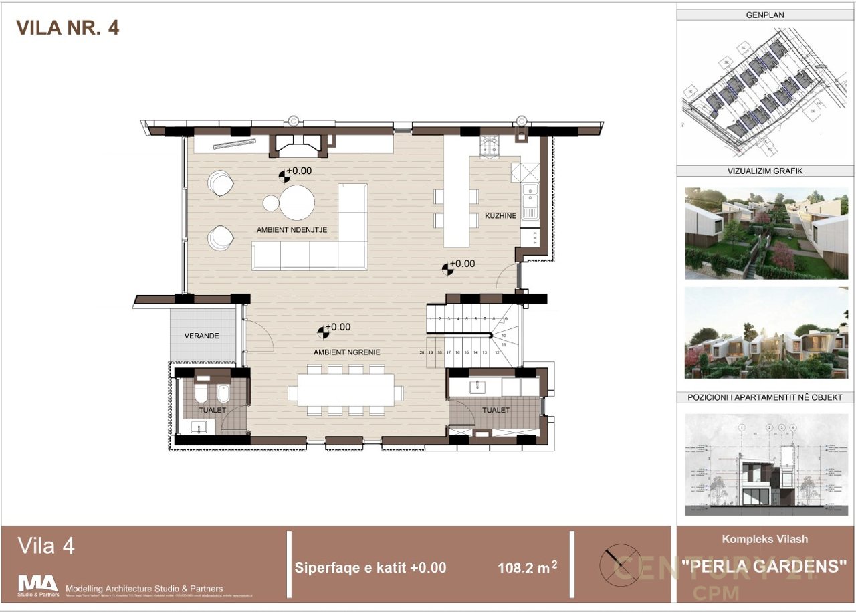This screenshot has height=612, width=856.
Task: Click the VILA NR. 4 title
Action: pyautogui.click(x=68, y=27)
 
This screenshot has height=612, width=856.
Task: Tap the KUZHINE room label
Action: pyautogui.click(x=501, y=216)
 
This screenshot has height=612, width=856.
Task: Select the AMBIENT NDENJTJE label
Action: pyautogui.click(x=296, y=230)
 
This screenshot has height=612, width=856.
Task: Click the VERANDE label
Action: pyautogui.click(x=202, y=336)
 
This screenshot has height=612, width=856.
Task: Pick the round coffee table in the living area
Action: pyautogui.click(x=297, y=203)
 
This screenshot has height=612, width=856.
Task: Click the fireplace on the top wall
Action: pyautogui.click(x=299, y=144)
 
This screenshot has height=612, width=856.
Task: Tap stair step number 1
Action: pyautogui.click(x=431, y=320)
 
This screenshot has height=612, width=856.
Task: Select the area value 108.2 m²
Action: pyautogui.click(x=527, y=569)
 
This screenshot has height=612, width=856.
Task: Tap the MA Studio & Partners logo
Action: pyautogui.click(x=38, y=584)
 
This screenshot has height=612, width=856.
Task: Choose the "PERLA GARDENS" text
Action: pyautogui.click(x=764, y=566)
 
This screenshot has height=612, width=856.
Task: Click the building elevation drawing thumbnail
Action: pyautogui.click(x=766, y=465)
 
